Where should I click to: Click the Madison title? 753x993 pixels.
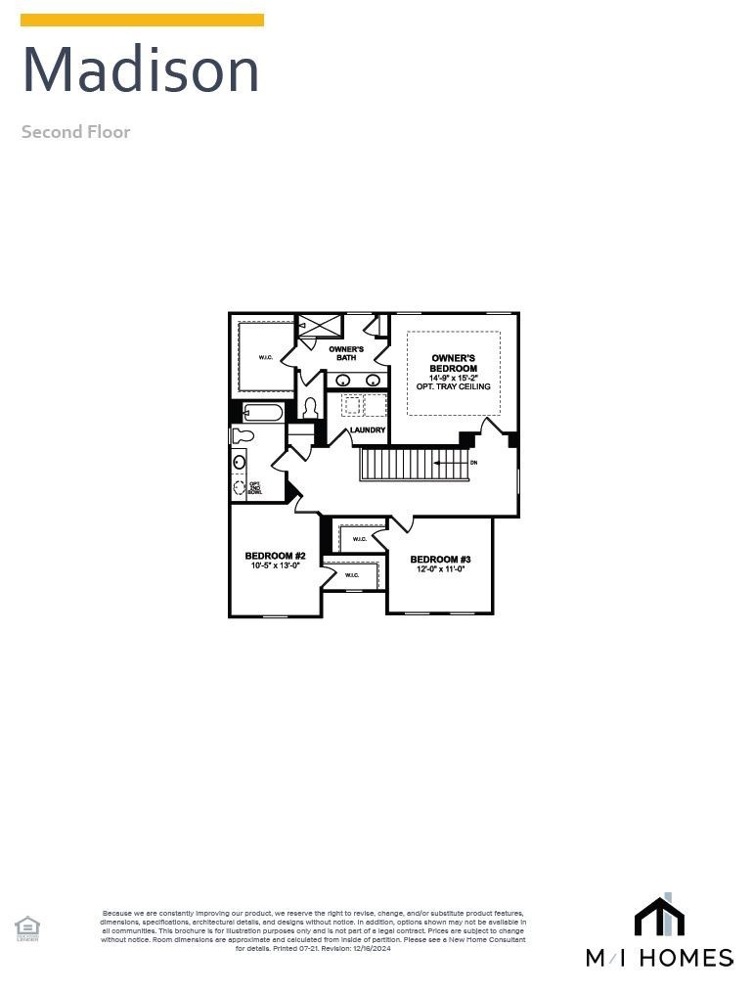point(141,70)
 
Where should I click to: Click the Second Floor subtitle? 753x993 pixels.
point(75,132)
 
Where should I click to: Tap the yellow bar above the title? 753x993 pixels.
point(142,20)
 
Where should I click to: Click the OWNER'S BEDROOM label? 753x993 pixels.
point(453,363)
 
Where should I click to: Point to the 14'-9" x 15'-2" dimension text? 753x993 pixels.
point(453,378)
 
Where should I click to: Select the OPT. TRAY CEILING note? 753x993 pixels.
point(453,387)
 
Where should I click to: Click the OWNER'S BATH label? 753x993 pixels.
point(346,353)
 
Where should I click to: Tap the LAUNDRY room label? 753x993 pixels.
point(368,430)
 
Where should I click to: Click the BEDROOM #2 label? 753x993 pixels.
point(275,556)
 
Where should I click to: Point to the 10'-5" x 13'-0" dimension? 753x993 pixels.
point(275,565)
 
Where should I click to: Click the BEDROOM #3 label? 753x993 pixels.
point(440,559)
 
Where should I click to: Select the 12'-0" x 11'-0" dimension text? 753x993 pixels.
point(440,568)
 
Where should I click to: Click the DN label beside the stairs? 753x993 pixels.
point(473,463)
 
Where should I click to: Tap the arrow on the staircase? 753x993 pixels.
point(449,463)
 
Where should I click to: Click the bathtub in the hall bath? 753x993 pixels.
point(262,413)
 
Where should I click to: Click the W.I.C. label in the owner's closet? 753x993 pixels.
point(266,357)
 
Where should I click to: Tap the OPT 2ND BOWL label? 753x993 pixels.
point(254,486)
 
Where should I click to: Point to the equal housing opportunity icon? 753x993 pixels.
point(27,927)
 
